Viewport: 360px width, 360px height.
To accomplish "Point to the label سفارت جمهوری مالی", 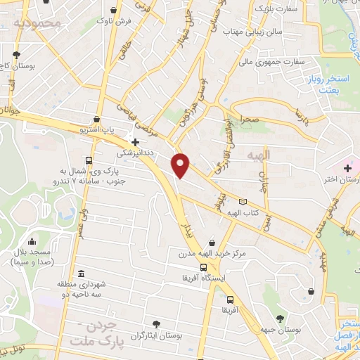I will point(275,61).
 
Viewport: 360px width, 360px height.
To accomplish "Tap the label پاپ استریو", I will point(96,131).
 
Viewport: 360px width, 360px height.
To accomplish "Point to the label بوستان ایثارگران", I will point(156,336).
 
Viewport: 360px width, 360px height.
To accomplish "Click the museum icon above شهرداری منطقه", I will point(82,273).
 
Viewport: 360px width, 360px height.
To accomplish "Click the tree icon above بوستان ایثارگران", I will point(156,324).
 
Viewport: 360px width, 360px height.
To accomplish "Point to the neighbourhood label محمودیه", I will point(40,22).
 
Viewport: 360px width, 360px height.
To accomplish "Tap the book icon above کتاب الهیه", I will point(243,201).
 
